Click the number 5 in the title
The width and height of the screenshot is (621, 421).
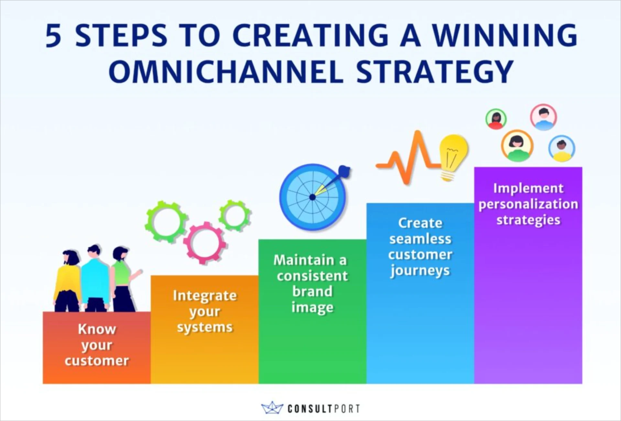coord(53,36)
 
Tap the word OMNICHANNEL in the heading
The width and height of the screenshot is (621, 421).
coord(225,72)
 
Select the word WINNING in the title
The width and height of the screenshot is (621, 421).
coord(505,36)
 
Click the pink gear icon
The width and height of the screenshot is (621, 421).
coord(204,243)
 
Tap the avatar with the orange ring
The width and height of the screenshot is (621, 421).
coord(517,146)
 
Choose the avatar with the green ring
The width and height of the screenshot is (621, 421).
coord(496,119)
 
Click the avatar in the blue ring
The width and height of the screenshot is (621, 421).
coord(562,148)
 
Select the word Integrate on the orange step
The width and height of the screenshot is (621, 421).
coord(205,296)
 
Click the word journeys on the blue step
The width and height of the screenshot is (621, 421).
coord(420,271)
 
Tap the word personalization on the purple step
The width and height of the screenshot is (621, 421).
coord(528,204)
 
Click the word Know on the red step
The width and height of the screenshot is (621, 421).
coord(97,329)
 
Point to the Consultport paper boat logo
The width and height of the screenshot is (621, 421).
coord(272,408)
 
